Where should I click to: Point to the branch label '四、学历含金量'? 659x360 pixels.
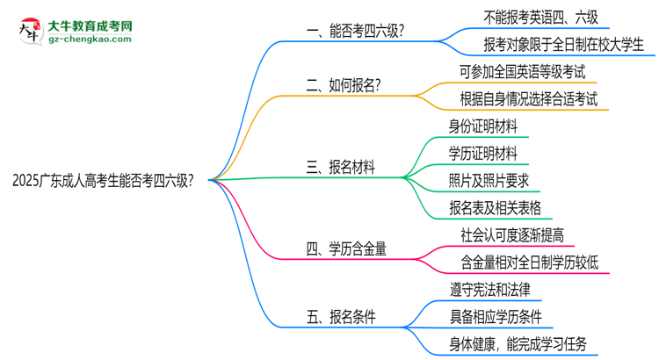pos(347,249)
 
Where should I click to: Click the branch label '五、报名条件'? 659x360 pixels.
pos(341,317)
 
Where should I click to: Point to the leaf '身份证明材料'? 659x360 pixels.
pos(482,126)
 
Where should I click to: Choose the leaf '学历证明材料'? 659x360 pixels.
pos(482,154)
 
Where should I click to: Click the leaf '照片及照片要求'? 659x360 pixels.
pos(489,181)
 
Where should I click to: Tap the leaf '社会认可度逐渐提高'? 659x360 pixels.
pos(512,234)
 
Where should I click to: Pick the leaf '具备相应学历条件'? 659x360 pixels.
pos(495,316)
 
